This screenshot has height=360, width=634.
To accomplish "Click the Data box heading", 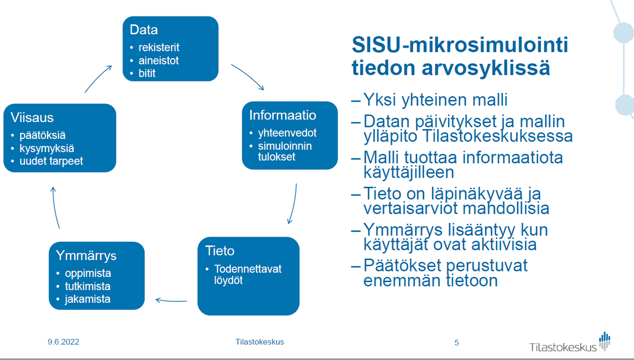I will click(144, 30).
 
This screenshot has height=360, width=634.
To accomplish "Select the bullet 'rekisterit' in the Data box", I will click(158, 48).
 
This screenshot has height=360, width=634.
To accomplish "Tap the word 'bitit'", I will click(147, 73).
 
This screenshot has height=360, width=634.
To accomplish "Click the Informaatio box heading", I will click(282, 115).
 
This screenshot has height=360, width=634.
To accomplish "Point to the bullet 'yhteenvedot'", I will click(287, 133).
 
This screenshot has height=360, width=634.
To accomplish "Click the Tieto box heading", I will click(220, 251).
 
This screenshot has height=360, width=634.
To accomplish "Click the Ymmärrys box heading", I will click(86, 256).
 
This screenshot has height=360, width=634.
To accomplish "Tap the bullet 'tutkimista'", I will click(87, 287).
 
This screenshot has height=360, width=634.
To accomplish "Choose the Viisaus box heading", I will click(33, 118).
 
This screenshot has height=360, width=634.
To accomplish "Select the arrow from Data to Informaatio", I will click(247, 77).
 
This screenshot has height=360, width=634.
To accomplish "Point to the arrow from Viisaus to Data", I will click(98, 78).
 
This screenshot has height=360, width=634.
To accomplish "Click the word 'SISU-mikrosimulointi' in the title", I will click(460, 45).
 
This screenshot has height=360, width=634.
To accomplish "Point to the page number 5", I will click(456, 343).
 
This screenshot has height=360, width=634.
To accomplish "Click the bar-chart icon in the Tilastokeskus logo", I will click(605, 340).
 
